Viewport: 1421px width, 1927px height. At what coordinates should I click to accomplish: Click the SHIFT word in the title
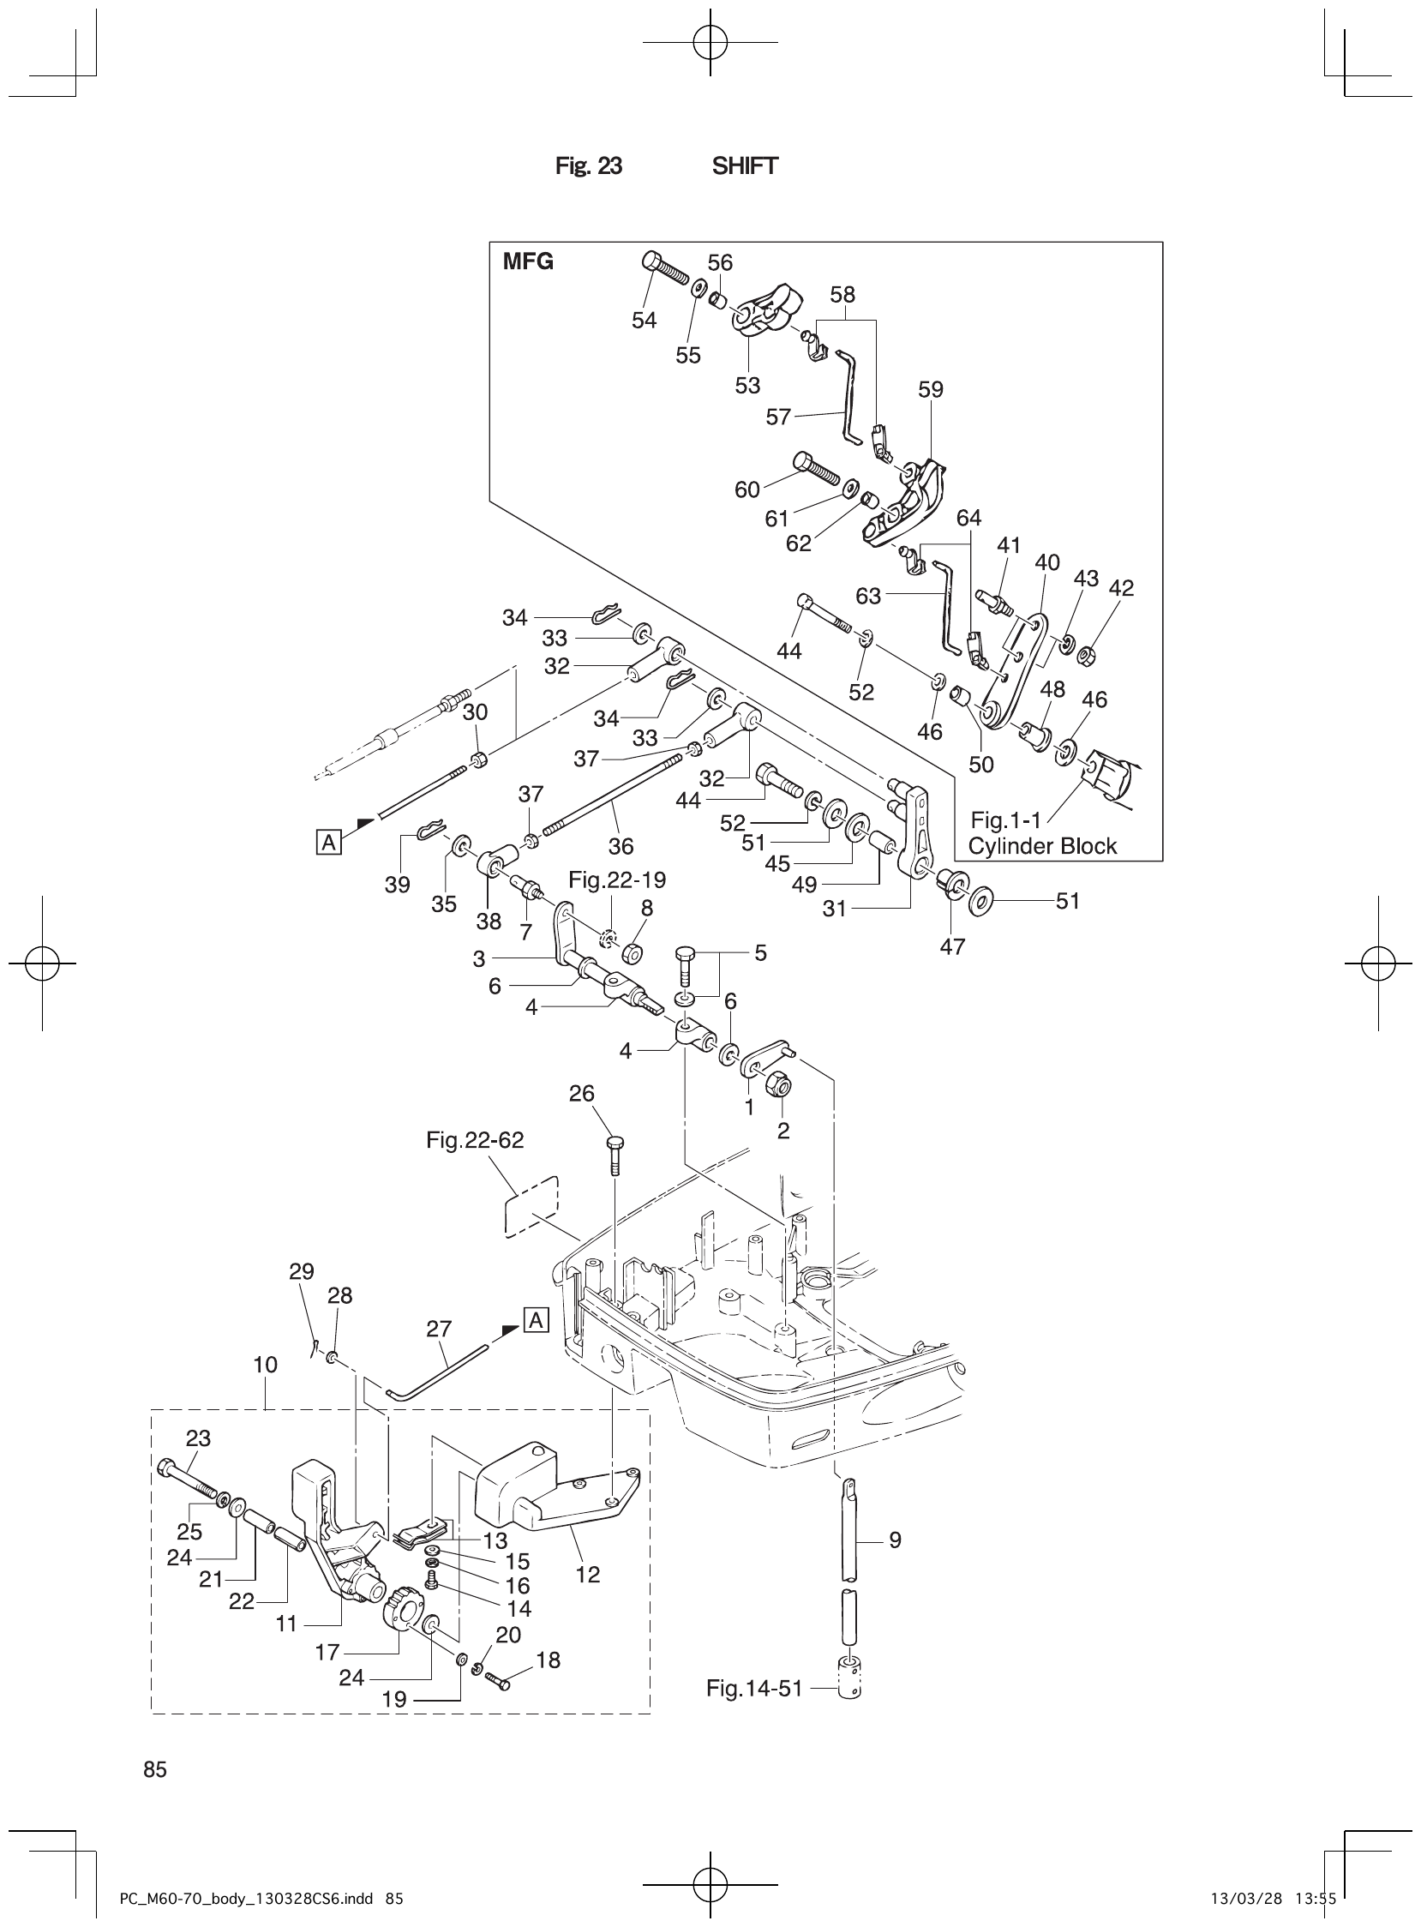coord(744,166)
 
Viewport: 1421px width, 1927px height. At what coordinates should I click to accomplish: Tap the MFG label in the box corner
coord(528,261)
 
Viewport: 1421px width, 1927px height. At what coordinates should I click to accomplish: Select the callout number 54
coord(644,320)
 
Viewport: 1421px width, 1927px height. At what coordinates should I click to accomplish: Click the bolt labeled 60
coord(816,468)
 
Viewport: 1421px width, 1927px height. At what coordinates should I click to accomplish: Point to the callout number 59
coord(931,390)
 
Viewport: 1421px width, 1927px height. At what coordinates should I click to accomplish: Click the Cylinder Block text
coord(1041,846)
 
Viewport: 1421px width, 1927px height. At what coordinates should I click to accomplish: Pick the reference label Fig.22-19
coord(617,880)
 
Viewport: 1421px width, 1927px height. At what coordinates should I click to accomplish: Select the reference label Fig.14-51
coord(753,1688)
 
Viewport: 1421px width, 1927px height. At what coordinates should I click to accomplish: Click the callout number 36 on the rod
coord(621,846)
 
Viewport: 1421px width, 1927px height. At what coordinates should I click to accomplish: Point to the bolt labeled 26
coord(615,1156)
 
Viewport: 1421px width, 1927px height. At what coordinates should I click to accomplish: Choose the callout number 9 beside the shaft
coord(895,1540)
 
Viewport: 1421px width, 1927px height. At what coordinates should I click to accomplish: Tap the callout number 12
coord(587,1575)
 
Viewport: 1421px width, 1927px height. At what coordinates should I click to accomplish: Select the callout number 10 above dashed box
coord(266,1365)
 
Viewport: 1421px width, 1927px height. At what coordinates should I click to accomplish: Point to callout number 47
coord(952,946)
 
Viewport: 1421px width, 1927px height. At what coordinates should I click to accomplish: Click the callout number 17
coord(327,1652)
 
